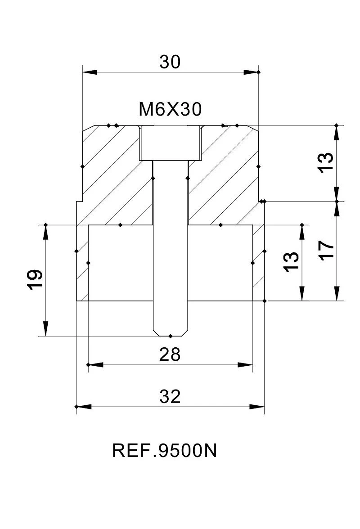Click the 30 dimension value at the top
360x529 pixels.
coord(170,62)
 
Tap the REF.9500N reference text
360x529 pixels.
coord(165,451)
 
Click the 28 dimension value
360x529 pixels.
coord(170,354)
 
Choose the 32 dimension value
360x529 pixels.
coord(170,396)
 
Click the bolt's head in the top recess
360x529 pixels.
coord(170,143)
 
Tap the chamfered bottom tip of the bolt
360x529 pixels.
coord(170,332)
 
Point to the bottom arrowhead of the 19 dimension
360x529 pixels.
coord(46,328)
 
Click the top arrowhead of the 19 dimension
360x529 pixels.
coord(46,232)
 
